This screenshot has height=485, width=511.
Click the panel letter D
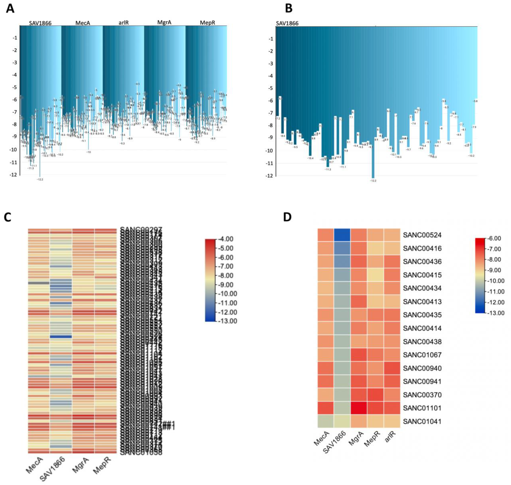pos(288,217)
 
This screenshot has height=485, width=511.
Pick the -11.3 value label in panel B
pos(328,169)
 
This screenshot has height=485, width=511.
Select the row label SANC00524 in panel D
pos(422,235)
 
